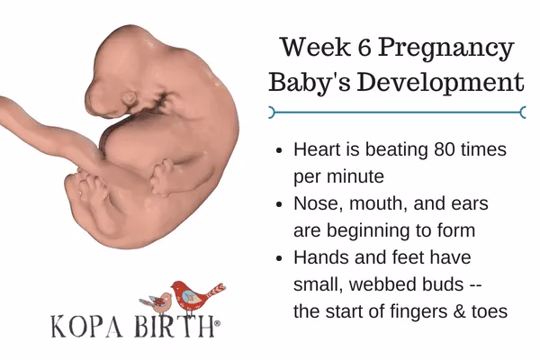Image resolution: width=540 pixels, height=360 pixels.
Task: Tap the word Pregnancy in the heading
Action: [x=454, y=48]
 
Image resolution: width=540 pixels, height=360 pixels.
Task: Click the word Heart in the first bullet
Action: [x=317, y=148]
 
